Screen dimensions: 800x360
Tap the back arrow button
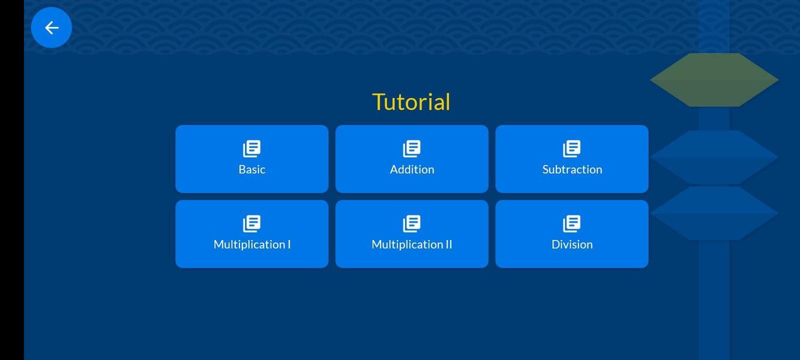coord(52,28)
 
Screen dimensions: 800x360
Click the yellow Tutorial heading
coord(411,102)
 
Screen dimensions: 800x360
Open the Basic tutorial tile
coord(252,159)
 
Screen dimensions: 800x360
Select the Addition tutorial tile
coord(412,159)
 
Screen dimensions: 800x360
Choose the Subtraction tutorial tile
coord(572,159)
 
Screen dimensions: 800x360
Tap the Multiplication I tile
coord(252,234)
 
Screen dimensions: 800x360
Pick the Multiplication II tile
coord(412,234)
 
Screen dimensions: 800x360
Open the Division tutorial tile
coord(572,234)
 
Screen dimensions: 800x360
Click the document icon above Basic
coord(252,149)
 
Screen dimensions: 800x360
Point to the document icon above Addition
coord(412,149)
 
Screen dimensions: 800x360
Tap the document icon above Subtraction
coord(572,149)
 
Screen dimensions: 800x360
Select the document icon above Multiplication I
coord(252,224)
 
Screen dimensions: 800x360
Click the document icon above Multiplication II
coord(412,224)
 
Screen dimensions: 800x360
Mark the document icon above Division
coord(572,224)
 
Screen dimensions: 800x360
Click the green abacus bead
coord(714,80)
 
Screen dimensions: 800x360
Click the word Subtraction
coord(572,169)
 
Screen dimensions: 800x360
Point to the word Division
coord(572,244)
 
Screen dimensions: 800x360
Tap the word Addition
coord(412,169)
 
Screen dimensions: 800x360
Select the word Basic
coord(252,169)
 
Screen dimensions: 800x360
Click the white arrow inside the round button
coord(52,28)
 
